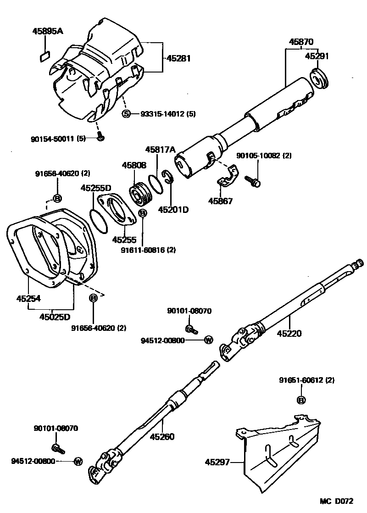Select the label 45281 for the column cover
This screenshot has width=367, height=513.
[178, 58]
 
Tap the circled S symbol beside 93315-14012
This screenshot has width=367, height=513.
[127, 114]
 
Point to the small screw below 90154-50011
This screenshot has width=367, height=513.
[100, 136]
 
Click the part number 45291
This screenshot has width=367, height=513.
[317, 56]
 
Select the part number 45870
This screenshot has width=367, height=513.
[301, 42]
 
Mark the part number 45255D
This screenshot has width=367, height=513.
[96, 188]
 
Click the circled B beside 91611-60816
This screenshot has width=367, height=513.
[142, 213]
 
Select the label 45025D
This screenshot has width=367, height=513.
[55, 317]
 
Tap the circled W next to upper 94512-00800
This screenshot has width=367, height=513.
[208, 340]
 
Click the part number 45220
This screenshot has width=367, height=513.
[289, 333]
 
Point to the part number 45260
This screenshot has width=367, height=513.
[162, 436]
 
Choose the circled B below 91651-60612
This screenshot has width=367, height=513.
[301, 401]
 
